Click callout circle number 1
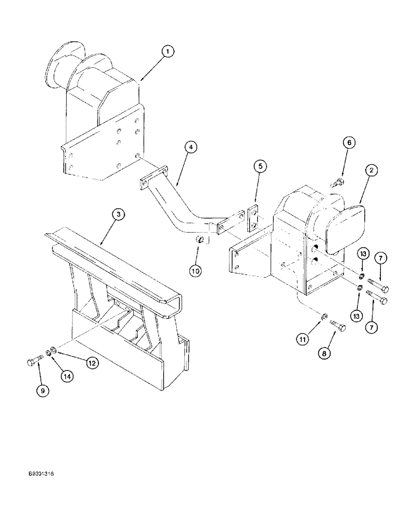(167, 51)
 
